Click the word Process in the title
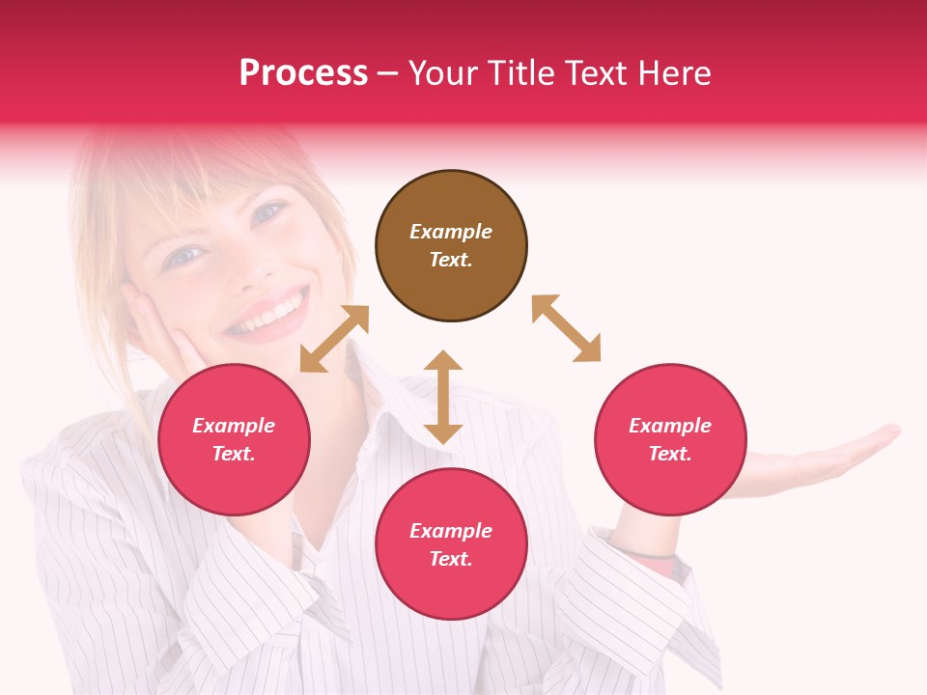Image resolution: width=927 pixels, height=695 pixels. tap(303, 72)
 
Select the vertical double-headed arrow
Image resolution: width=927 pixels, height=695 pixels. tap(443, 397)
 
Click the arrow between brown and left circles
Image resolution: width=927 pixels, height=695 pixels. tap(334, 339)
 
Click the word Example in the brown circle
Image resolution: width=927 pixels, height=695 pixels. tap(451, 232)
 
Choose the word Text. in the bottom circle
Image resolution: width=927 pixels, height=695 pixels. tap(451, 559)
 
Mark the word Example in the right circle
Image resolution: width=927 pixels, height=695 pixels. tap(670, 426)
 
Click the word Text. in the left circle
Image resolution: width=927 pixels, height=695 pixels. tap(234, 454)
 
